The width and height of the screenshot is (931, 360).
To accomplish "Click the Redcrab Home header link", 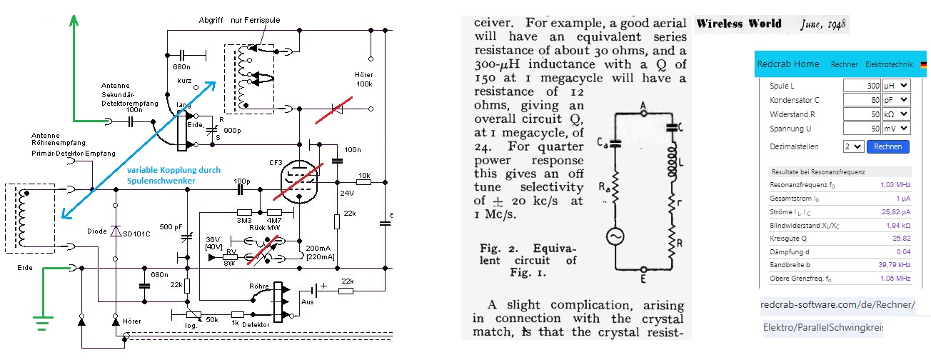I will point(788,64).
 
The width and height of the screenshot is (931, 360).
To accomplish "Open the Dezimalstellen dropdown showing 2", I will point(852,146).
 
